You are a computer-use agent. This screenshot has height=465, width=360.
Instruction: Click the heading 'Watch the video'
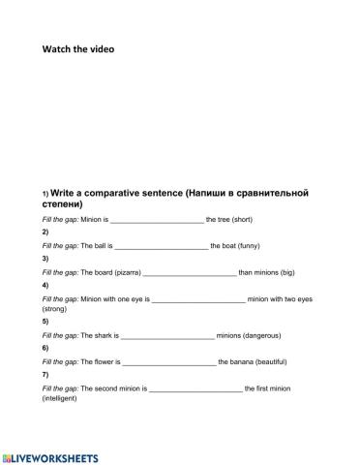point(77,48)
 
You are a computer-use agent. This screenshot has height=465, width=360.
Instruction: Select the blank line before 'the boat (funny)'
point(162,247)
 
